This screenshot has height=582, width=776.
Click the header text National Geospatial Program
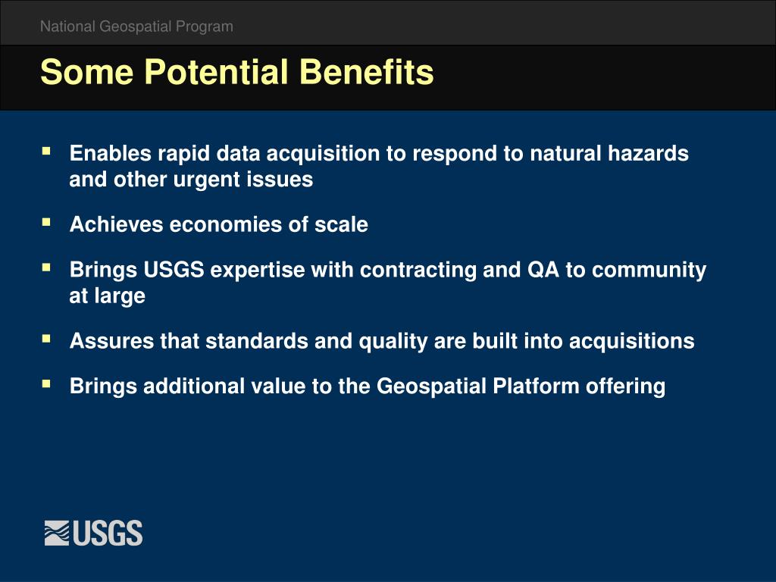[136, 27]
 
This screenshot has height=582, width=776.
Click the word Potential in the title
[216, 72]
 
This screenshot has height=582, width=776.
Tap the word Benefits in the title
[366, 72]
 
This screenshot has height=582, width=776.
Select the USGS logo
[93, 533]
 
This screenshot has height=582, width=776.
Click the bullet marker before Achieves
[46, 222]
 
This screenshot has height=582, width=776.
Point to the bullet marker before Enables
[46, 151]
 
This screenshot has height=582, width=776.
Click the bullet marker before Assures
[46, 339]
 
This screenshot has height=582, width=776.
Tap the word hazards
[649, 153]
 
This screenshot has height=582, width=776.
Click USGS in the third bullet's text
[174, 271]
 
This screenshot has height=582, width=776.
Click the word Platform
[536, 386]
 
